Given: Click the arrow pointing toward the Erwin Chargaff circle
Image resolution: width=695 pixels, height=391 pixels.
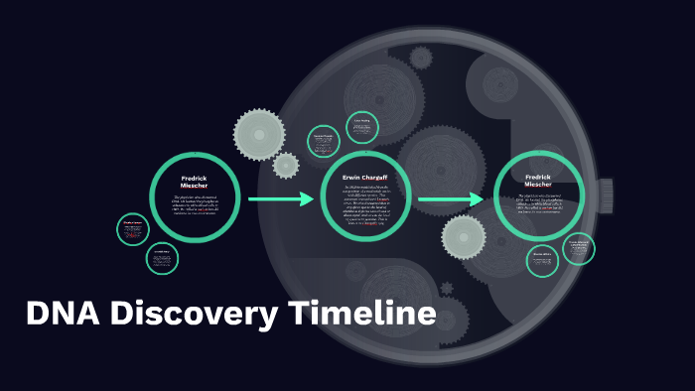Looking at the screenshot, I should coord(280,199).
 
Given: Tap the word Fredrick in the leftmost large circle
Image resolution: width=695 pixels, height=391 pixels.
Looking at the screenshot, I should coord(195,179).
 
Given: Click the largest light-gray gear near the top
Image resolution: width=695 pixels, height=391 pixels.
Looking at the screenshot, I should coord(259,133).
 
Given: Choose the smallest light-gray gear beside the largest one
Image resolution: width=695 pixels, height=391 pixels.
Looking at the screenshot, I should coord(286,165).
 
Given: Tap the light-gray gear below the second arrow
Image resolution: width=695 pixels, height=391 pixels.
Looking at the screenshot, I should coord(464,238).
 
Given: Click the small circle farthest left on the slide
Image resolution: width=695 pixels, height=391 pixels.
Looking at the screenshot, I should coord(133,230).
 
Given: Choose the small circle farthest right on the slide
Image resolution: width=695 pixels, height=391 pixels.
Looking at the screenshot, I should coord(579,248).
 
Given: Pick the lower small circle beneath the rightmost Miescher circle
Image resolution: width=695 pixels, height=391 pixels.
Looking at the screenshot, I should coord(542,261).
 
